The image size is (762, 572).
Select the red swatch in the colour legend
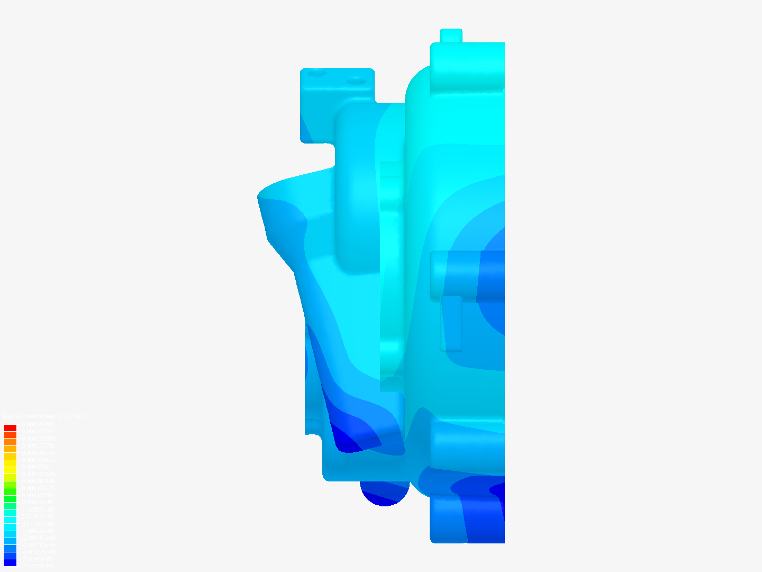(x=10, y=428)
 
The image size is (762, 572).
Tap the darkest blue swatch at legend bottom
(x=10, y=563)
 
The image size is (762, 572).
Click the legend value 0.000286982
(x=38, y=432)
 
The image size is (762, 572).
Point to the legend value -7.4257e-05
(x=38, y=566)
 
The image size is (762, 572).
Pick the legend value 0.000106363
(x=38, y=495)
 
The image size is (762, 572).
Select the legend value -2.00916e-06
(x=38, y=538)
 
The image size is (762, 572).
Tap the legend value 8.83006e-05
(x=38, y=502)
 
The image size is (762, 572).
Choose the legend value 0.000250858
(x=38, y=439)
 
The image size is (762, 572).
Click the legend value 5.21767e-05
(x=38, y=516)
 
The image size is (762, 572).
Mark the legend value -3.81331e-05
(x=38, y=552)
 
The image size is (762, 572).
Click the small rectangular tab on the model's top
(x=451, y=35)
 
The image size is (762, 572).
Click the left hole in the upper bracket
(x=316, y=74)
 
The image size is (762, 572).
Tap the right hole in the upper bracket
(x=356, y=82)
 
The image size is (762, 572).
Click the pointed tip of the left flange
(x=259, y=196)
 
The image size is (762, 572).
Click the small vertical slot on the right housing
(x=451, y=323)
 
